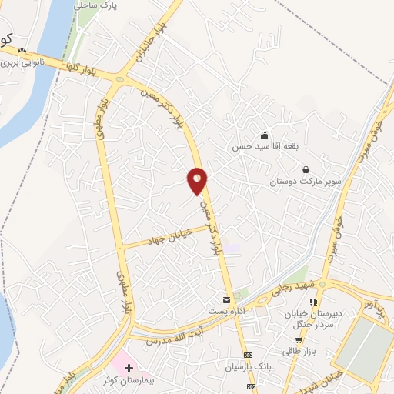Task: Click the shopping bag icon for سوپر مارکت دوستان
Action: [306, 169]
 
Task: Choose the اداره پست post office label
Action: [225, 310]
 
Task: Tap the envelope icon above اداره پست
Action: [225, 299]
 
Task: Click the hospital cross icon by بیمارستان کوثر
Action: [128, 369]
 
